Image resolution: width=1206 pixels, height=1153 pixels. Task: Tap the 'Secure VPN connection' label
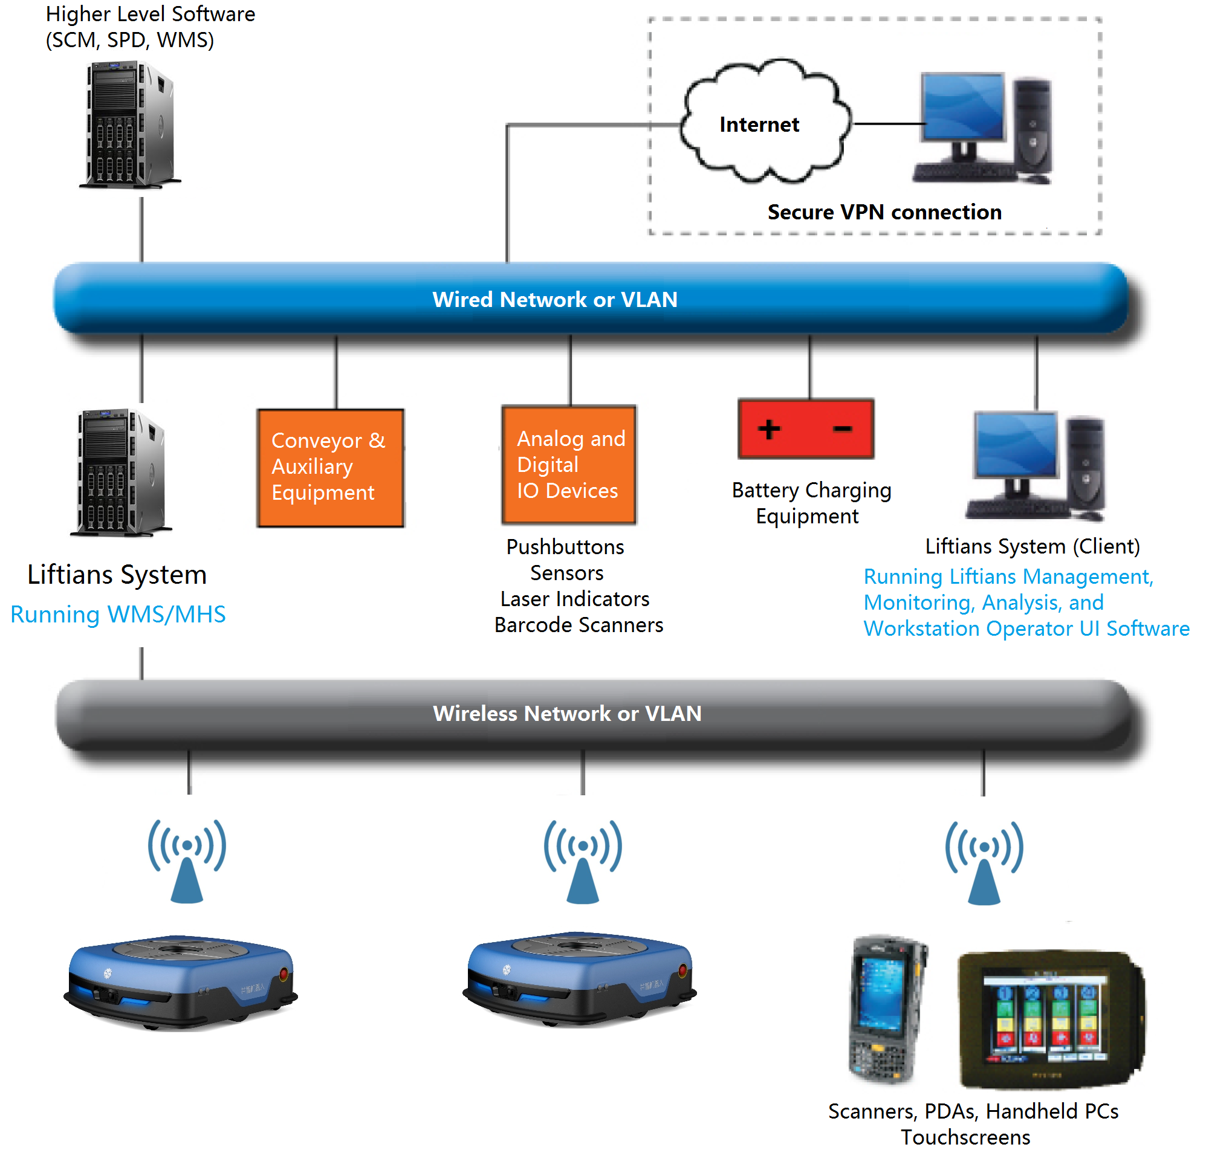(x=883, y=212)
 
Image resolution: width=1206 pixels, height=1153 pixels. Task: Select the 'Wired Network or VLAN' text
(x=554, y=299)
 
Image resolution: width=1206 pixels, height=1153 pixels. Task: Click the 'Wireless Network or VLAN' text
(x=567, y=713)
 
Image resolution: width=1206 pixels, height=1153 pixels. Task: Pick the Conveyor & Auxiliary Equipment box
(x=330, y=468)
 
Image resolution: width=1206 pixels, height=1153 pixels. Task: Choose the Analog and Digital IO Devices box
(x=569, y=465)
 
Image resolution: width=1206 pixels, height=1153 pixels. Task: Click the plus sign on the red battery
(x=768, y=429)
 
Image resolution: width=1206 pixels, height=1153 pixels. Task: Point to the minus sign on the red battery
(x=842, y=429)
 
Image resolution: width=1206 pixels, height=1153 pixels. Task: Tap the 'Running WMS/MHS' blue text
(x=118, y=614)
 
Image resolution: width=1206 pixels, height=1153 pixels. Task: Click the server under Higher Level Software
(x=129, y=124)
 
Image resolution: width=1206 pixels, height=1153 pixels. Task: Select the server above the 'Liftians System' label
(x=120, y=472)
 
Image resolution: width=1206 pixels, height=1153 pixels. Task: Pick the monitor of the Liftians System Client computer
(x=1016, y=445)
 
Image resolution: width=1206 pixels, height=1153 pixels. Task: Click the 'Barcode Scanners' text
(x=579, y=625)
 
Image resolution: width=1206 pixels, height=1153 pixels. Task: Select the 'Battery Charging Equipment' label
(x=811, y=503)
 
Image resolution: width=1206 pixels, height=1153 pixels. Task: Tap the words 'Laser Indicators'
(x=574, y=599)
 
